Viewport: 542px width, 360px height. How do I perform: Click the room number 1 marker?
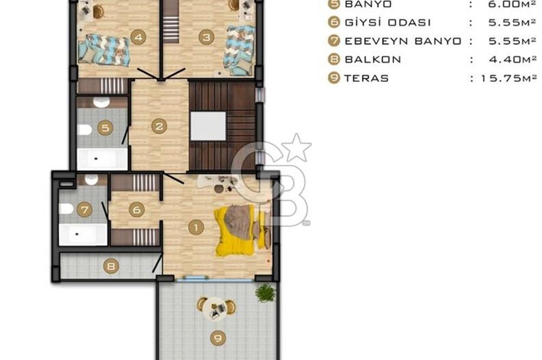(196, 228)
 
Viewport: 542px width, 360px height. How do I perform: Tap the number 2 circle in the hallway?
(159, 126)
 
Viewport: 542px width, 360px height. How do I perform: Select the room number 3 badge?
(207, 37)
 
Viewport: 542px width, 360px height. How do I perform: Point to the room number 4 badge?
(138, 37)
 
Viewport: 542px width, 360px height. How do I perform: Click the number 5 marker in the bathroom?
(105, 128)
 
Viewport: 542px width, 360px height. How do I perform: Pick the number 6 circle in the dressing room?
(137, 210)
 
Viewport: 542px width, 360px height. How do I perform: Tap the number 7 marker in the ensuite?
(85, 209)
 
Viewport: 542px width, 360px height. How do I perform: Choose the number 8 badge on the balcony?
(111, 266)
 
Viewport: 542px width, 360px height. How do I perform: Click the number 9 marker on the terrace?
(218, 338)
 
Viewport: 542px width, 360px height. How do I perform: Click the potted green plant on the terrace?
(266, 293)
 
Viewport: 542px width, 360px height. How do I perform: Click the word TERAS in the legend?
(366, 78)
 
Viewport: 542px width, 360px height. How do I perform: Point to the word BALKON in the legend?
(373, 60)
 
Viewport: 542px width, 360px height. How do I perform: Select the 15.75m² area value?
(509, 78)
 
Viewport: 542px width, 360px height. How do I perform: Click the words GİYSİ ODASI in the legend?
(388, 22)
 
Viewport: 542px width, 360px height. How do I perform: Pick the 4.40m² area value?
(513, 60)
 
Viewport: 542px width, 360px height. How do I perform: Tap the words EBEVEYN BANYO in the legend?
(403, 41)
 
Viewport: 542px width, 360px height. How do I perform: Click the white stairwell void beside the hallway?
(208, 126)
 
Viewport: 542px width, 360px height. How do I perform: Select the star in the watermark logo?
(296, 147)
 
